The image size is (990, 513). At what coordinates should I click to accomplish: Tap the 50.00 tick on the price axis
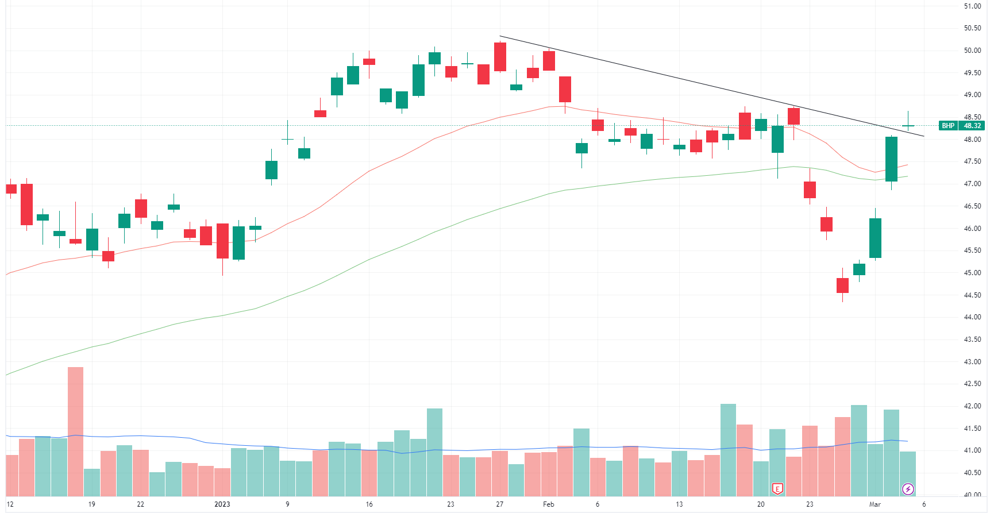click(x=972, y=51)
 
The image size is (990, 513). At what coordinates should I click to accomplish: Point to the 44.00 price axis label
click(x=972, y=317)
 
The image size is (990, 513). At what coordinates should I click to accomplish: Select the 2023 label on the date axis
click(x=222, y=504)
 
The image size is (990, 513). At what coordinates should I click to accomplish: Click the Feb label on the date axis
click(x=548, y=504)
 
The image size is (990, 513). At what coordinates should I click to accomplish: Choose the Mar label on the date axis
click(x=875, y=504)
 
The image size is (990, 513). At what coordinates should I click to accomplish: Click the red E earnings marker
click(x=777, y=489)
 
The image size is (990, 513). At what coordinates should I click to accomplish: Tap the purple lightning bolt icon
click(x=908, y=489)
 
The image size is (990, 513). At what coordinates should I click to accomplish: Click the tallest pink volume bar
click(x=75, y=431)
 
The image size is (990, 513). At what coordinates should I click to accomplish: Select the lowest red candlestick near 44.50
click(x=842, y=286)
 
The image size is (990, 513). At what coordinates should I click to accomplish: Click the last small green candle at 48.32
click(x=908, y=125)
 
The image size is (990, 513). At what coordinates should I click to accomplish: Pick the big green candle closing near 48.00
click(x=891, y=159)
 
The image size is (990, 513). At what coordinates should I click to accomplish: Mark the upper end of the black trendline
click(x=500, y=36)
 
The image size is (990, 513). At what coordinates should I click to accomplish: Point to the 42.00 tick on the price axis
click(x=972, y=406)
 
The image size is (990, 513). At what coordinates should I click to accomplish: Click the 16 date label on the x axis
click(x=369, y=504)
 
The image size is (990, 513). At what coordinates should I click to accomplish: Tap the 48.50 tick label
click(x=972, y=117)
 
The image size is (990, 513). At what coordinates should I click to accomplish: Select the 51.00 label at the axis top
click(x=972, y=6)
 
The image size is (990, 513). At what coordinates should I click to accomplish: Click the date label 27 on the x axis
click(x=499, y=504)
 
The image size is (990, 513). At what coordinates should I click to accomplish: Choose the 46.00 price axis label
click(x=972, y=229)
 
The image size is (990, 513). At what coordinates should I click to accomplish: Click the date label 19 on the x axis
click(x=91, y=504)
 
